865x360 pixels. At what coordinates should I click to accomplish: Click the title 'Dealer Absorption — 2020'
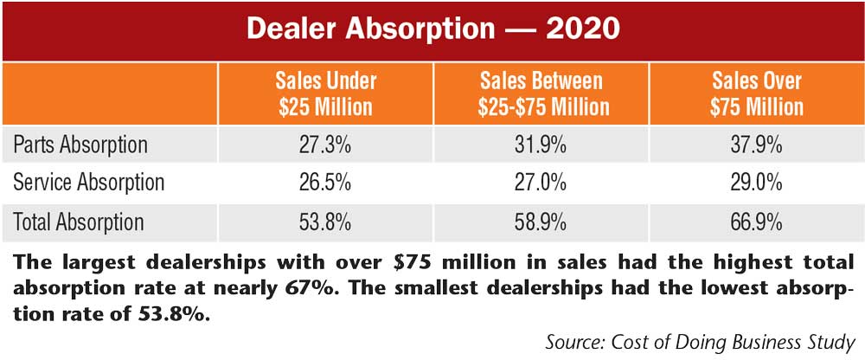tap(432, 28)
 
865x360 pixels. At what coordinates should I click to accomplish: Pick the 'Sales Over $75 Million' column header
tap(757, 94)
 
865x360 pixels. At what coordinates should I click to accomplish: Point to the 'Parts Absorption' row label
tap(80, 145)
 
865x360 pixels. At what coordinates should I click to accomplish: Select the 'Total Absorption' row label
tap(80, 222)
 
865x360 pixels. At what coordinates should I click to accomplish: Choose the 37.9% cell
tap(757, 145)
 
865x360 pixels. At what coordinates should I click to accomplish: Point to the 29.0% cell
tap(757, 183)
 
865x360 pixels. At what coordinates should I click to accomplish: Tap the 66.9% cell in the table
tap(757, 222)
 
